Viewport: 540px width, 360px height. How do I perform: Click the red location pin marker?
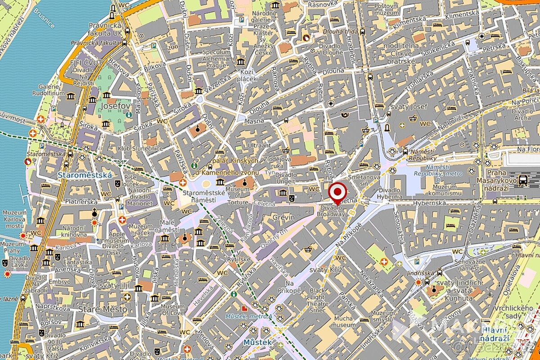337,193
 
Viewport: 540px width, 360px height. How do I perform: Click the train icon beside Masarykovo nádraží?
522,180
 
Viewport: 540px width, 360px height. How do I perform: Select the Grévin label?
283,218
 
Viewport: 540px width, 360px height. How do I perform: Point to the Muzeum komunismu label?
441,190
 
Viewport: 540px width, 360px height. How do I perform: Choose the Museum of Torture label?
237,196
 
